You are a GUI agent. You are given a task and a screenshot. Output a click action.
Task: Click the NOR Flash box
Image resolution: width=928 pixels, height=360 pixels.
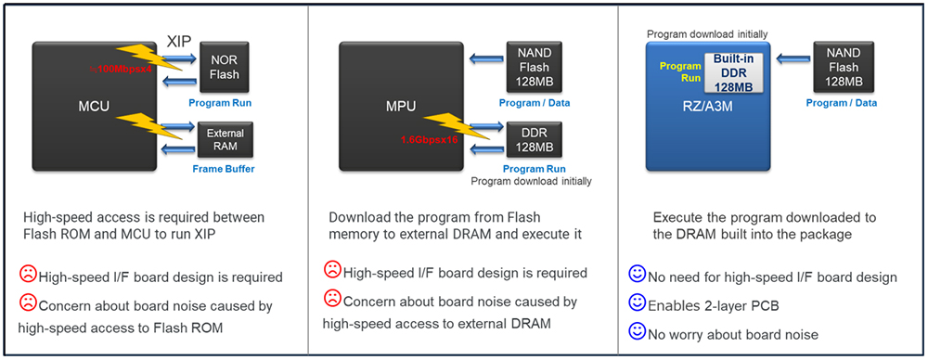(225, 67)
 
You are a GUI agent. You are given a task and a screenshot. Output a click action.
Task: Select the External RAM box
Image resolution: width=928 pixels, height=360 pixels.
(225, 140)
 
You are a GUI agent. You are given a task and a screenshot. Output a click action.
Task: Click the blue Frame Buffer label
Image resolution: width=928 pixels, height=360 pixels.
(223, 170)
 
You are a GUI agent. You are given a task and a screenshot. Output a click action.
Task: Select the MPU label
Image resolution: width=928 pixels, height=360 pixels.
(401, 108)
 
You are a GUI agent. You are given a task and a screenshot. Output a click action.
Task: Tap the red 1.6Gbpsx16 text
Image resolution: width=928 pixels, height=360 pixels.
(431, 140)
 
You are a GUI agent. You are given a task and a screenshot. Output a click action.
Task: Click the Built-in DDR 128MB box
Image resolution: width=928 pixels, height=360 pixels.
(733, 71)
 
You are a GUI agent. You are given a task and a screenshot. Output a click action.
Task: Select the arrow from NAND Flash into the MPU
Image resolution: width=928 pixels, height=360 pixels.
(485, 58)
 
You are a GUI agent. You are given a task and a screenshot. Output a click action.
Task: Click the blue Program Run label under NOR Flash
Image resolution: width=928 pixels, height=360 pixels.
(220, 103)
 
